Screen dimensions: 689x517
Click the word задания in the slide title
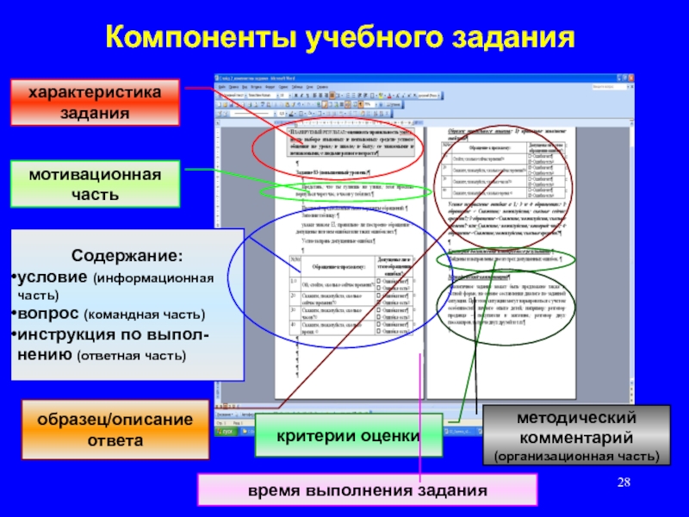pos(508,38)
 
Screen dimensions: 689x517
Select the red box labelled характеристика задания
pos(95,102)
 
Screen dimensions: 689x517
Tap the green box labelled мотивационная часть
pos(95,184)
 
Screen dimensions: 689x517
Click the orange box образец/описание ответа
pos(115,430)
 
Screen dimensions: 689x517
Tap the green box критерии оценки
pos(348,436)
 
